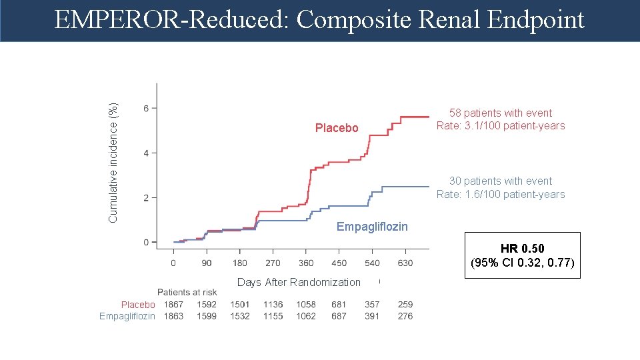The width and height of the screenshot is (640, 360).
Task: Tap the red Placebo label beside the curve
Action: pos(337,128)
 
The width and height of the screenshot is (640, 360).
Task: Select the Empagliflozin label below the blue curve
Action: pos(372,227)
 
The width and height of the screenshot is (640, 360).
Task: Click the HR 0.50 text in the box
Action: pos(522,249)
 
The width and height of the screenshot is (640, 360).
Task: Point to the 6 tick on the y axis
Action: pos(147,108)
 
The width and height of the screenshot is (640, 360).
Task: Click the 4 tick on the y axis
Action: pos(147,153)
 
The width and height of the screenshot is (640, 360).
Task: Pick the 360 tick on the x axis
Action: pos(306,263)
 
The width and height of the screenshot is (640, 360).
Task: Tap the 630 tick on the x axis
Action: pos(405,263)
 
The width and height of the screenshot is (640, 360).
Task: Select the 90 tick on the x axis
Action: pos(207,263)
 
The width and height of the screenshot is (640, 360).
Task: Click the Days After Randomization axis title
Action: pos(299,282)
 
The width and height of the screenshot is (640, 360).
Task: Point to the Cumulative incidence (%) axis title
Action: pos(113,163)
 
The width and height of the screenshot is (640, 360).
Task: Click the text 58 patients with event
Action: pos(501,113)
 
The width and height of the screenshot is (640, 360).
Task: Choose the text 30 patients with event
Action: pos(501,181)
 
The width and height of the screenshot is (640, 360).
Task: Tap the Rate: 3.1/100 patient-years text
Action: pos(501,125)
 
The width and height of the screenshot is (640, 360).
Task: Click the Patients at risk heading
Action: pos(187,292)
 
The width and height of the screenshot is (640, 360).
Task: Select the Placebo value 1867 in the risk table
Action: pos(174,305)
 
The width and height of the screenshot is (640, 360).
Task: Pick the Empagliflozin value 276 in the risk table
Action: pos(405,316)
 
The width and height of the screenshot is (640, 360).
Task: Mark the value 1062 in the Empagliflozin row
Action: pos(306,316)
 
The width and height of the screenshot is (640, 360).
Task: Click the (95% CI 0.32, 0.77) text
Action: pos(522,262)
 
